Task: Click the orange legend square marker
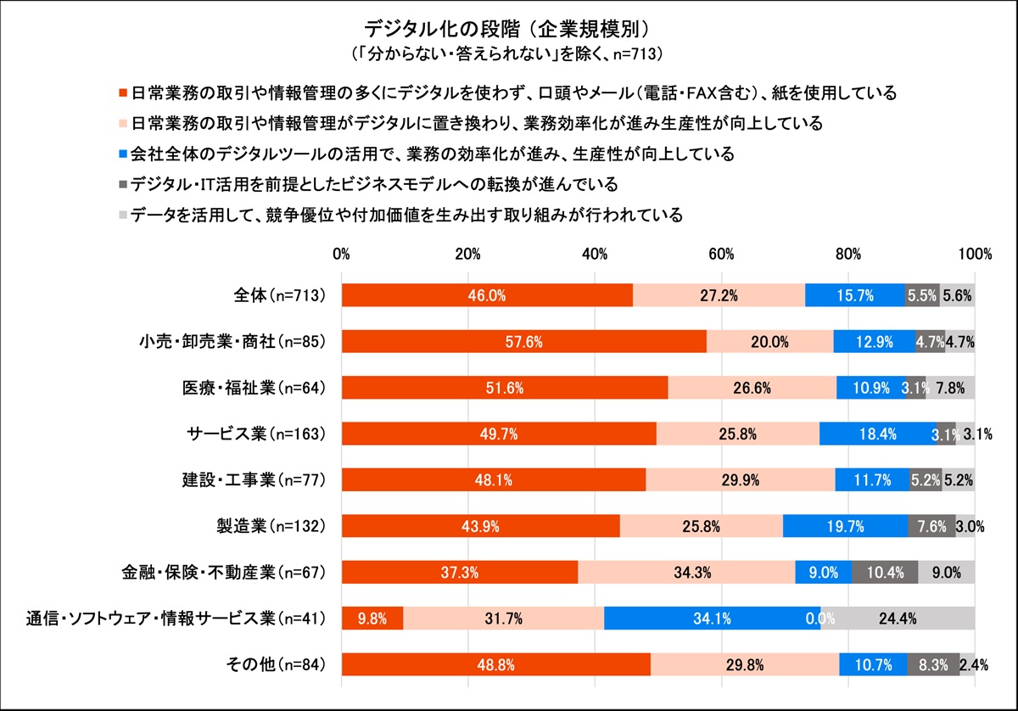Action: point(123,92)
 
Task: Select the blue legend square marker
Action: point(123,154)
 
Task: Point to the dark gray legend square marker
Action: point(123,184)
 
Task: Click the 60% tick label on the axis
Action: point(721,254)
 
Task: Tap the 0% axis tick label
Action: point(342,254)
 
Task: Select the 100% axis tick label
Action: point(974,254)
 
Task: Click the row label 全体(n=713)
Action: point(279,295)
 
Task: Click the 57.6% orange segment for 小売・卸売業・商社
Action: point(523,342)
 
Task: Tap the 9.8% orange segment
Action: point(372,619)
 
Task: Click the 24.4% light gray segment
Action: point(898,619)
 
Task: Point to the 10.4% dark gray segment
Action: point(884,573)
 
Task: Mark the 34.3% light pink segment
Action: point(686,573)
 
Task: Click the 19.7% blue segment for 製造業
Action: point(845,526)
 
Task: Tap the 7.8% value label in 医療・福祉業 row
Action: point(950,388)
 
